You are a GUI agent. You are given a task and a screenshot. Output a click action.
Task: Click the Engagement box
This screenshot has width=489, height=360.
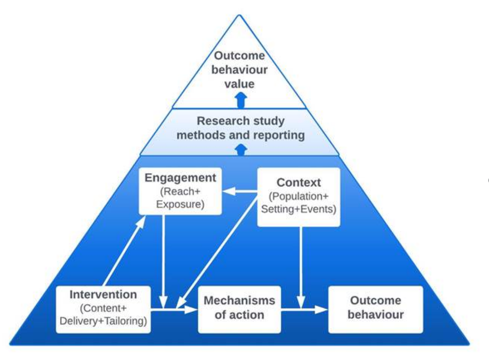[x=180, y=191]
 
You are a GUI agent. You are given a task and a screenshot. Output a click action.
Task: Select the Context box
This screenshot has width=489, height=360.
[x=298, y=196]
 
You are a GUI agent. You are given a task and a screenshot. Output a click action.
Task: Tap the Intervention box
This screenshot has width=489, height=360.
[x=103, y=309]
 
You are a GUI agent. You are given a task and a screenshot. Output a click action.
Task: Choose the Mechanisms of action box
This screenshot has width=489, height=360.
[x=239, y=309]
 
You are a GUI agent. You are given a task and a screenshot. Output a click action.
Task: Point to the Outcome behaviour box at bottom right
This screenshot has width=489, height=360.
[x=376, y=309]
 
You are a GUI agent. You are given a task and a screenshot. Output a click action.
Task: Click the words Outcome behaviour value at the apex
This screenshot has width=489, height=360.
[x=240, y=70]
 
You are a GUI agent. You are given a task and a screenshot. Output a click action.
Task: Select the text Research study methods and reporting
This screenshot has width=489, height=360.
[x=240, y=128]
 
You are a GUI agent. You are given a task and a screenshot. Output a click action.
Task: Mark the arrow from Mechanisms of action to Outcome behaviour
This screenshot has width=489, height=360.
[x=305, y=310]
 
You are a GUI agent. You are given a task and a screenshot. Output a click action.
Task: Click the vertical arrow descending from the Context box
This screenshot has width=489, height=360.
[x=301, y=265]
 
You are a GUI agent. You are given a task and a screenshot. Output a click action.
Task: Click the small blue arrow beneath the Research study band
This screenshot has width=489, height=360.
[x=242, y=150]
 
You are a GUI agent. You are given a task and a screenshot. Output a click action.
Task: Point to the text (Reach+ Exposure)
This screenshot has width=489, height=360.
[x=180, y=198]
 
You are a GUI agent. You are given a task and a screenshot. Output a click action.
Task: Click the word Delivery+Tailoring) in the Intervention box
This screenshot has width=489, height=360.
[x=103, y=321]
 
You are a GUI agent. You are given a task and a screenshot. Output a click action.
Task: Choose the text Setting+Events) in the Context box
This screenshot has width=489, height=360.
[x=298, y=210]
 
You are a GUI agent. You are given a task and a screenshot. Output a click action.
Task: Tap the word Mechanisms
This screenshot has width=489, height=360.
[x=239, y=301]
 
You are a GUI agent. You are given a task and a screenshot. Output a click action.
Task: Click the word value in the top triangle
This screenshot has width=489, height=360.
[x=240, y=84]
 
